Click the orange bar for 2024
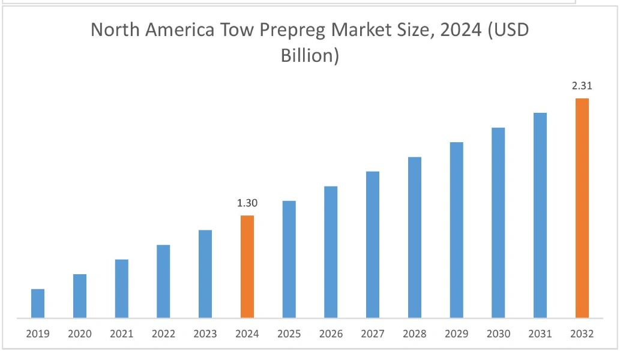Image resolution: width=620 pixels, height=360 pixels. click(247, 266)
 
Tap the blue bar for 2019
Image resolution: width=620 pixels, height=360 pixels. click(38, 303)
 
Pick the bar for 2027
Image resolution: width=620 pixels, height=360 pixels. click(373, 244)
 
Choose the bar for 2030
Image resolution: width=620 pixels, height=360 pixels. click(498, 223)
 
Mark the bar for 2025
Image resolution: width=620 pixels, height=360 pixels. click(289, 259)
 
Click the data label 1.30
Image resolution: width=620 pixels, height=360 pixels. click(247, 203)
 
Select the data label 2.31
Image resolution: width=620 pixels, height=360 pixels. click(582, 86)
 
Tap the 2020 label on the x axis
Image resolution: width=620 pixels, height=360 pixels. click(80, 334)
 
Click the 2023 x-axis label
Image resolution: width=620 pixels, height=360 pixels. click(205, 334)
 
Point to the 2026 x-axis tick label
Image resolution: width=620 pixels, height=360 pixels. click(331, 334)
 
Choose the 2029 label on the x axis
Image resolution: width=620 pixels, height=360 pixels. click(456, 334)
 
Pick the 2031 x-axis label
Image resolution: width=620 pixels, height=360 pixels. click(540, 334)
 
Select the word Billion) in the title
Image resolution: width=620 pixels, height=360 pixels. click(310, 56)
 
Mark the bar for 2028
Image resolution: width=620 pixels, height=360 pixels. click(415, 237)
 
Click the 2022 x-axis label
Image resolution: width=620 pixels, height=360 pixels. click(163, 334)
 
